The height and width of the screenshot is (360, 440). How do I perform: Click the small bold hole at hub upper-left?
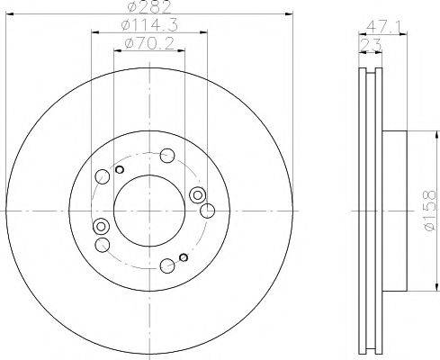click(120, 168)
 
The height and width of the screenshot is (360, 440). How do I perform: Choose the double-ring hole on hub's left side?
click(101, 226)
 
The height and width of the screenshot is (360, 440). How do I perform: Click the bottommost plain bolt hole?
click(166, 265)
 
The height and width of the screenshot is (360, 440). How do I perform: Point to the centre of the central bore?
click(150, 210)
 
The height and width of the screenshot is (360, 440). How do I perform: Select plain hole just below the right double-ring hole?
click(206, 211)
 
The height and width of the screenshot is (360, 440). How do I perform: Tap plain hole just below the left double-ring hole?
click(102, 244)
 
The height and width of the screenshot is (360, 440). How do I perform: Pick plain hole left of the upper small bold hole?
click(103, 176)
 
